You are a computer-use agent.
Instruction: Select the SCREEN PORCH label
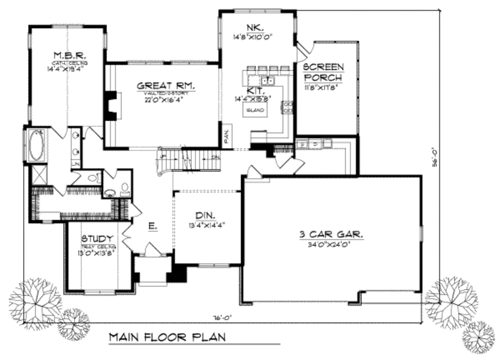point(323,72)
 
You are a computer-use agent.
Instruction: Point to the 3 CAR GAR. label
point(332,234)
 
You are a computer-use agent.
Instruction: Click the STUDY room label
point(98,239)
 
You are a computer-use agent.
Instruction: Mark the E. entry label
point(152,226)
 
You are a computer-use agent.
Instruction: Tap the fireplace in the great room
point(112,105)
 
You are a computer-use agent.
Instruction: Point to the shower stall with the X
point(37,174)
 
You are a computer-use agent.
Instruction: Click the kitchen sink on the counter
point(266,80)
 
